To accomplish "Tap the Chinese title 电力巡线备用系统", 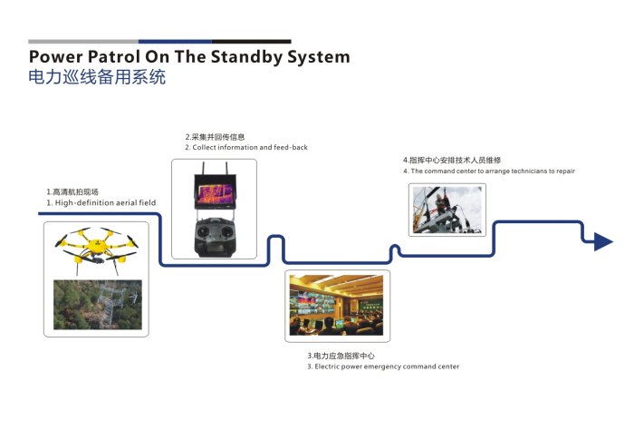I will [98, 78].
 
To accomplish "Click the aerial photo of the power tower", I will [96, 304].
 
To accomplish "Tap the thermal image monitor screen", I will [214, 191].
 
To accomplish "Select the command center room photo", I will [337, 306].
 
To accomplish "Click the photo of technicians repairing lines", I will [447, 210].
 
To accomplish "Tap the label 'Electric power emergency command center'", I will [383, 367].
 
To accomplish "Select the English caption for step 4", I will [489, 171].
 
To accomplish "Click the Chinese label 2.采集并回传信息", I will [216, 137].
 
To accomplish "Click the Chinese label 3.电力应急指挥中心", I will [341, 356].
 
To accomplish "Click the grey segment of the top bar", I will [82, 41].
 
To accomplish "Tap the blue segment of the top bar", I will [175, 41].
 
